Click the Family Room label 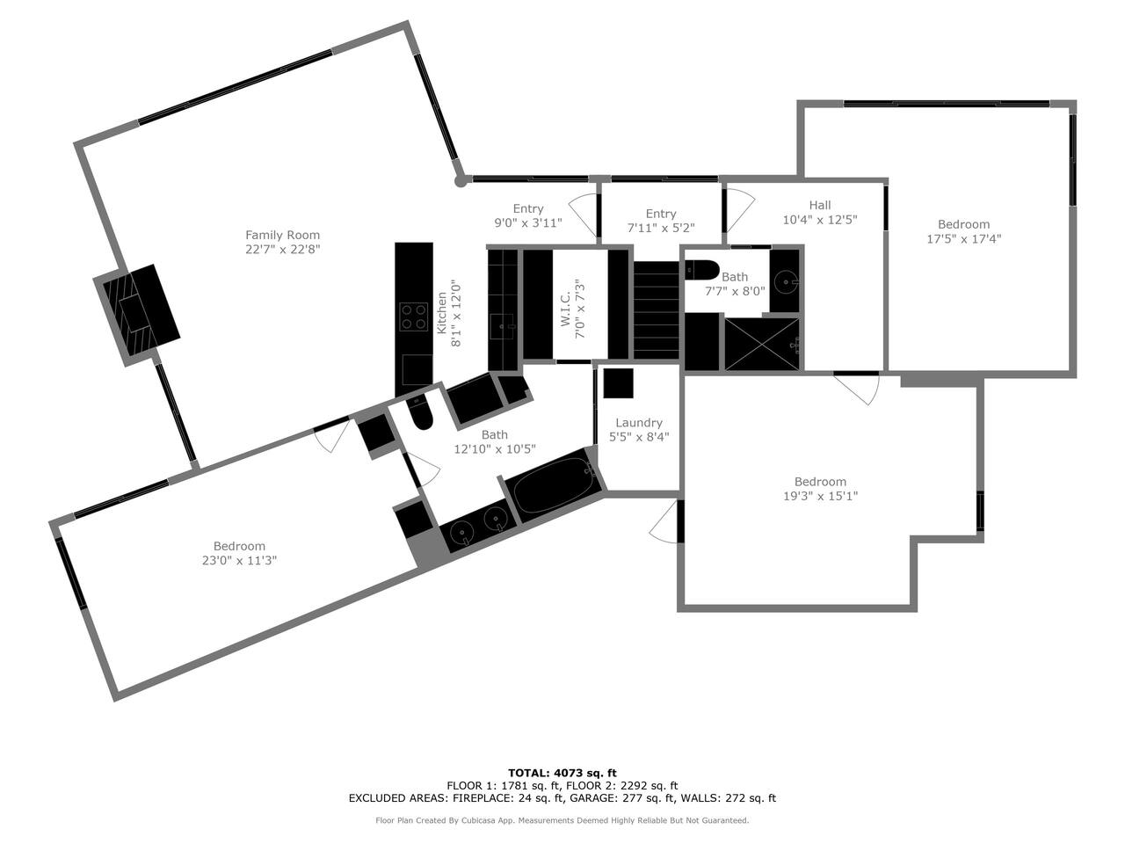[282, 235]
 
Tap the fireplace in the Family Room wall [137, 314]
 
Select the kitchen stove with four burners [414, 316]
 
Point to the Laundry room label [639, 422]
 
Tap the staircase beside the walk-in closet [657, 310]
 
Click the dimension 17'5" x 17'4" [963, 239]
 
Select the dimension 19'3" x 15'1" [820, 496]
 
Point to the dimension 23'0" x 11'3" [239, 560]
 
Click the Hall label [820, 205]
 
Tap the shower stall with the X [762, 344]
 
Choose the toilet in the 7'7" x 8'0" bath [702, 270]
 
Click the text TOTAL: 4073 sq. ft [562, 773]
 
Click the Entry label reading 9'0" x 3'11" [528, 208]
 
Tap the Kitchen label [441, 313]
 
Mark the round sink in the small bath [784, 280]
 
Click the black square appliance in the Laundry [618, 382]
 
